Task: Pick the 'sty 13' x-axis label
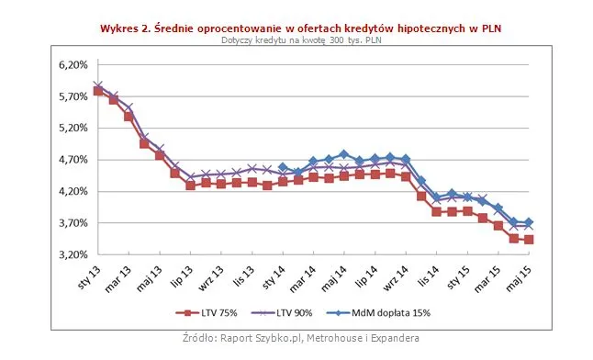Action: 89,276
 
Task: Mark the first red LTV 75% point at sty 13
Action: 98,91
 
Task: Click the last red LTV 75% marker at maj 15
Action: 529,240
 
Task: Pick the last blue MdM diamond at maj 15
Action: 529,222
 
